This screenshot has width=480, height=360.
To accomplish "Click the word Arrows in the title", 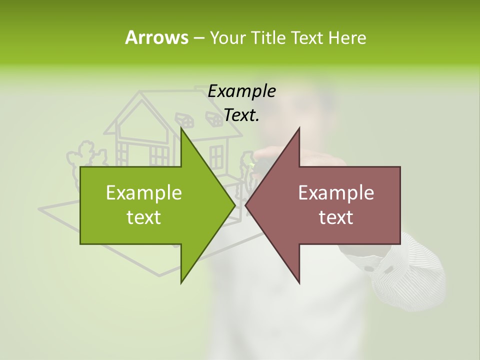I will tap(156, 37).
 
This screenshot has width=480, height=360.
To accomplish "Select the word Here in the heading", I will tap(347, 37).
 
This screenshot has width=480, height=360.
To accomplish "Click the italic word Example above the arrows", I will tap(241, 91).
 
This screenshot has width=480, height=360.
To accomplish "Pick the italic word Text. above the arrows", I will tap(241, 115).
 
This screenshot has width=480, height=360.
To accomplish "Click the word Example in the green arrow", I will tap(143, 192).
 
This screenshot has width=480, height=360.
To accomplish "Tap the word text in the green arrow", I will tap(143, 217).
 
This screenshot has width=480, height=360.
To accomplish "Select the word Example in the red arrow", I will tap(336, 192).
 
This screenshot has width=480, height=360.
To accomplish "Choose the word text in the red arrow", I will tap(336, 217).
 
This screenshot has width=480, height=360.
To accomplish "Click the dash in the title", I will tap(198, 38).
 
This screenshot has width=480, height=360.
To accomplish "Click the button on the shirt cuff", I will tap(370, 268).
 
